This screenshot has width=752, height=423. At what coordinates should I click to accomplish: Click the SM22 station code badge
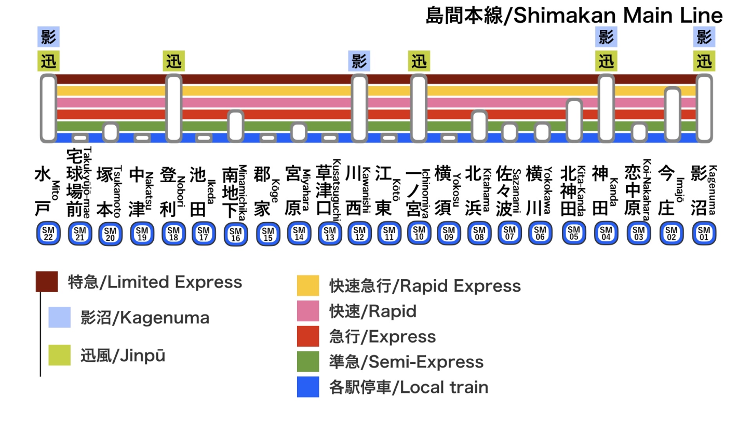[48, 234]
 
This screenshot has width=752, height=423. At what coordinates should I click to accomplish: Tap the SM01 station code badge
[704, 234]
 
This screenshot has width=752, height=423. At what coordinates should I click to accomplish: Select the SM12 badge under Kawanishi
[359, 234]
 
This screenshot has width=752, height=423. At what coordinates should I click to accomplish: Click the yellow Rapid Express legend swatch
[308, 286]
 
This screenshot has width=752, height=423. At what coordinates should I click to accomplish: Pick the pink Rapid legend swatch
[308, 311]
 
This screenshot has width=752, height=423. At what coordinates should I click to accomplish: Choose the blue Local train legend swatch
[308, 387]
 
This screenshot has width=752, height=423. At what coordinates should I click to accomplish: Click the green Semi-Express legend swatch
[308, 362]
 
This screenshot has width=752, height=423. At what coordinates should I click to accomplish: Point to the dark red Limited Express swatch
[47, 282]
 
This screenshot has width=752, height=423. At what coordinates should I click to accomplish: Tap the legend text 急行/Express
[382, 337]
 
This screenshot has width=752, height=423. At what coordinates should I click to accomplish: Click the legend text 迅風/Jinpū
[123, 356]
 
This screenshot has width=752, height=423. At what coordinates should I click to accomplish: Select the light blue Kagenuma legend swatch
[59, 318]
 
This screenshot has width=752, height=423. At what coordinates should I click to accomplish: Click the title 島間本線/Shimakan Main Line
[574, 16]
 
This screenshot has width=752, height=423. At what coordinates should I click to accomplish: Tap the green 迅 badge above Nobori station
[173, 61]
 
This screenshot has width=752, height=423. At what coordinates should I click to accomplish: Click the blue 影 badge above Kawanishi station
[359, 61]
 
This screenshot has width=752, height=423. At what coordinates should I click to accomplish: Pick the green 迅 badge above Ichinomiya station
[419, 61]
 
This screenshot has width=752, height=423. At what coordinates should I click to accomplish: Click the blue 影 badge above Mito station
[48, 37]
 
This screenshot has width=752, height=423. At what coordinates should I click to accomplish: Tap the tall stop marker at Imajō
[673, 114]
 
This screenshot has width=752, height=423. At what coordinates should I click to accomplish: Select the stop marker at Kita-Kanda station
[574, 120]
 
